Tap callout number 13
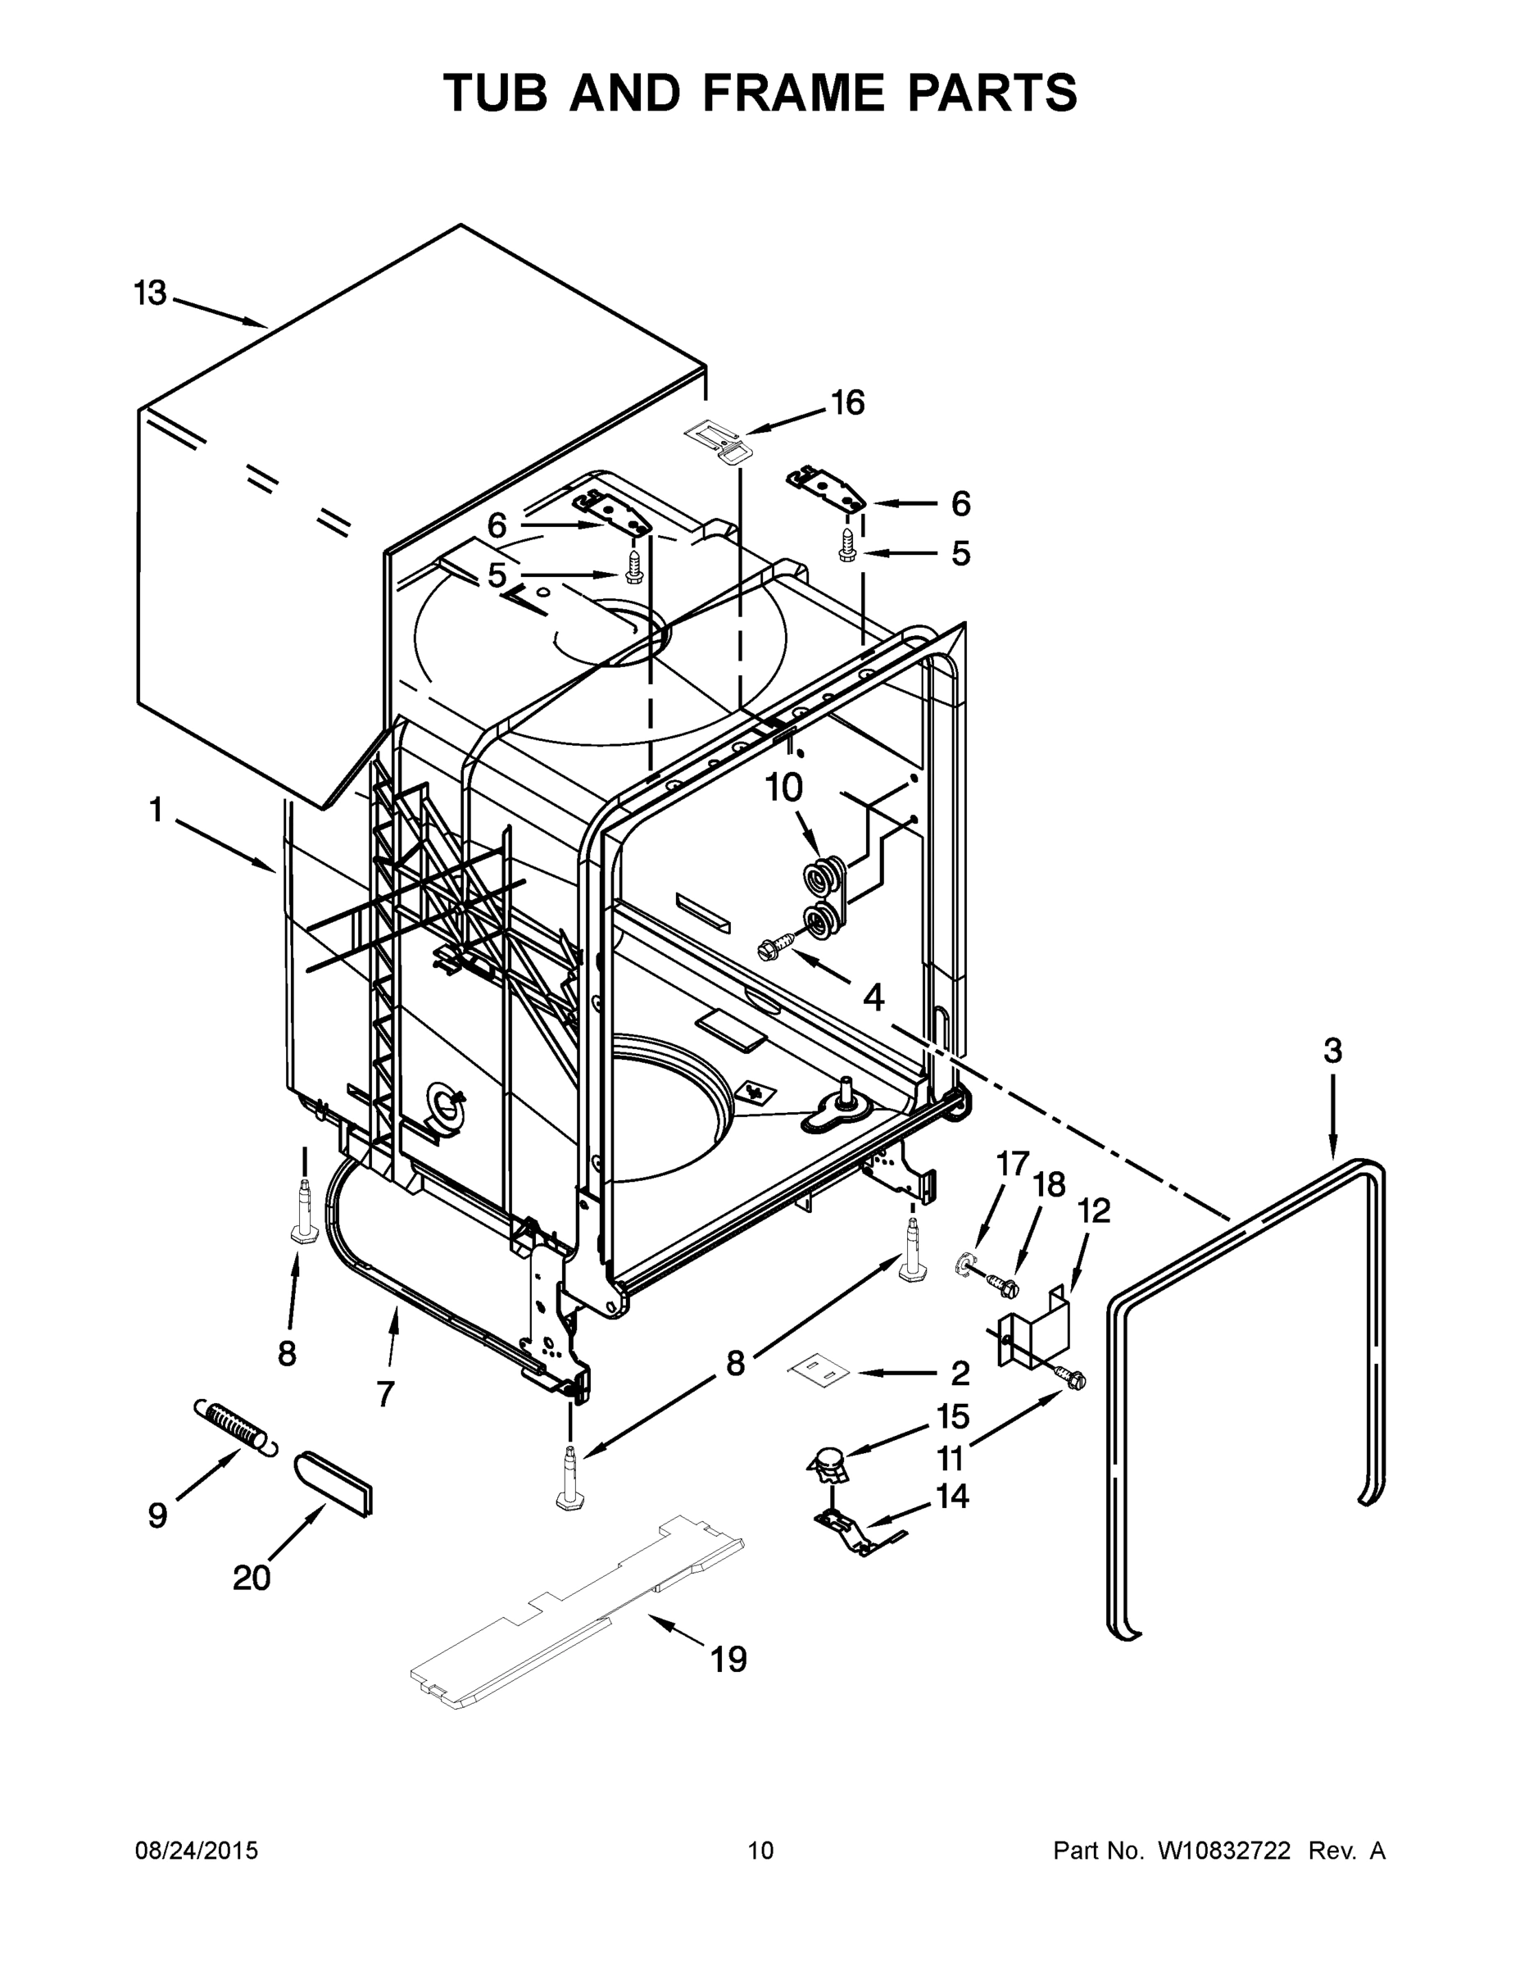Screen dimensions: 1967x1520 pyautogui.click(x=151, y=293)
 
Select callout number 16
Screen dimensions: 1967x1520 pyautogui.click(x=847, y=402)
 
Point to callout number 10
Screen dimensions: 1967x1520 pyautogui.click(x=783, y=788)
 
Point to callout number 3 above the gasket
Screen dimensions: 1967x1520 pyautogui.click(x=1332, y=1050)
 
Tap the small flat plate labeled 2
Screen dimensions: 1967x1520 pyautogui.click(x=820, y=1369)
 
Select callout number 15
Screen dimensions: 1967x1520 pyautogui.click(x=953, y=1417)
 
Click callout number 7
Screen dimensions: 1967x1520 pyautogui.click(x=385, y=1394)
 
